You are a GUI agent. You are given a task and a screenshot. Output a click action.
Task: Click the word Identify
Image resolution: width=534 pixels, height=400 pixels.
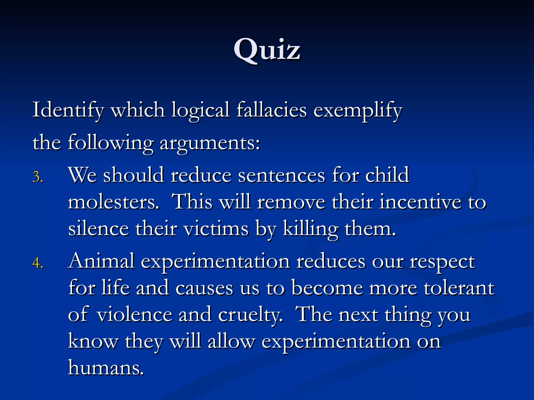(x=68, y=110)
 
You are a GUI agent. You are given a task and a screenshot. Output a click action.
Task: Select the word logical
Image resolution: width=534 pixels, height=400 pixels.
(x=200, y=110)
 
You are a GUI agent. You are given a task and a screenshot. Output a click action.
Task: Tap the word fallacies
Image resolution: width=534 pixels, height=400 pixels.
(x=271, y=110)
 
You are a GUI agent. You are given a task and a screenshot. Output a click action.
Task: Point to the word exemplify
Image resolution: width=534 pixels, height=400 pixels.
(x=358, y=110)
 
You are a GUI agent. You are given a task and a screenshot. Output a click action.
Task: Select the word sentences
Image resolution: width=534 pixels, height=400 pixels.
(x=282, y=175)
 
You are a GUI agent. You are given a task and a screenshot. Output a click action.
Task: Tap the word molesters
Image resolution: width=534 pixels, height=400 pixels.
(x=113, y=202)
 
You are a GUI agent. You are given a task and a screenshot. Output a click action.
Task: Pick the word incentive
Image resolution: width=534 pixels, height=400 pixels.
(x=420, y=202)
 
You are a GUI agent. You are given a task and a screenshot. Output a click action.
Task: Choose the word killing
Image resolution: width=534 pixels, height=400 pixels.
(x=311, y=229)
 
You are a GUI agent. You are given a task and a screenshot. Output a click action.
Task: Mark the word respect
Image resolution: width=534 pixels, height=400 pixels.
(x=442, y=261)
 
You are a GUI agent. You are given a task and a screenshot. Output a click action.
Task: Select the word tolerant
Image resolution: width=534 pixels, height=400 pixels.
(x=459, y=288)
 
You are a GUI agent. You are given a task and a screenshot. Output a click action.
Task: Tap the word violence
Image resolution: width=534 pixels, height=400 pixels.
(x=134, y=315)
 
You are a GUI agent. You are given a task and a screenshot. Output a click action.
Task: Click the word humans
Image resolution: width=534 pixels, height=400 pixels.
(x=106, y=367)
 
